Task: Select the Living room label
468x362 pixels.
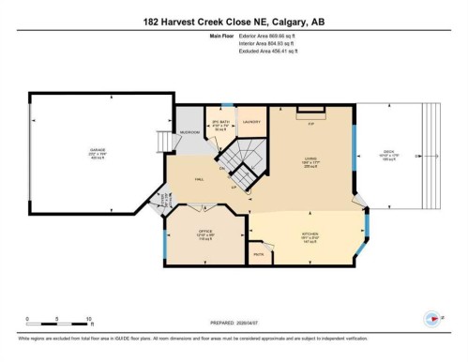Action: pos(309,158)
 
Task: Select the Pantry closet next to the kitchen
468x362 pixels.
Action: pos(258,254)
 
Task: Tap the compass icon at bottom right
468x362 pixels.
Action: pos(432,317)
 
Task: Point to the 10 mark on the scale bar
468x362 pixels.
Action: pos(88,318)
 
